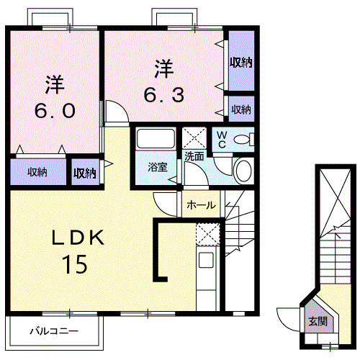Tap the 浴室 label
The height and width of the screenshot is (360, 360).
pyautogui.click(x=157, y=167)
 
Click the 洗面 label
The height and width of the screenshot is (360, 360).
pyautogui.click(x=193, y=156)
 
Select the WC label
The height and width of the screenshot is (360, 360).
pyautogui.click(x=221, y=138)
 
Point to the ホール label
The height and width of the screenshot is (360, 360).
pyautogui.click(x=200, y=205)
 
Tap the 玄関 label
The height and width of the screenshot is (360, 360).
pyautogui.click(x=317, y=321)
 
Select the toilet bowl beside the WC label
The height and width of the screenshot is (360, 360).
pyautogui.click(x=243, y=139)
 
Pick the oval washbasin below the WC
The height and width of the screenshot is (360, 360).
pyautogui.click(x=243, y=171)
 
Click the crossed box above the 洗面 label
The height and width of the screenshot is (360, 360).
pyautogui.click(x=194, y=137)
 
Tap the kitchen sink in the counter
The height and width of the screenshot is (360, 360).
pyautogui.click(x=206, y=261)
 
